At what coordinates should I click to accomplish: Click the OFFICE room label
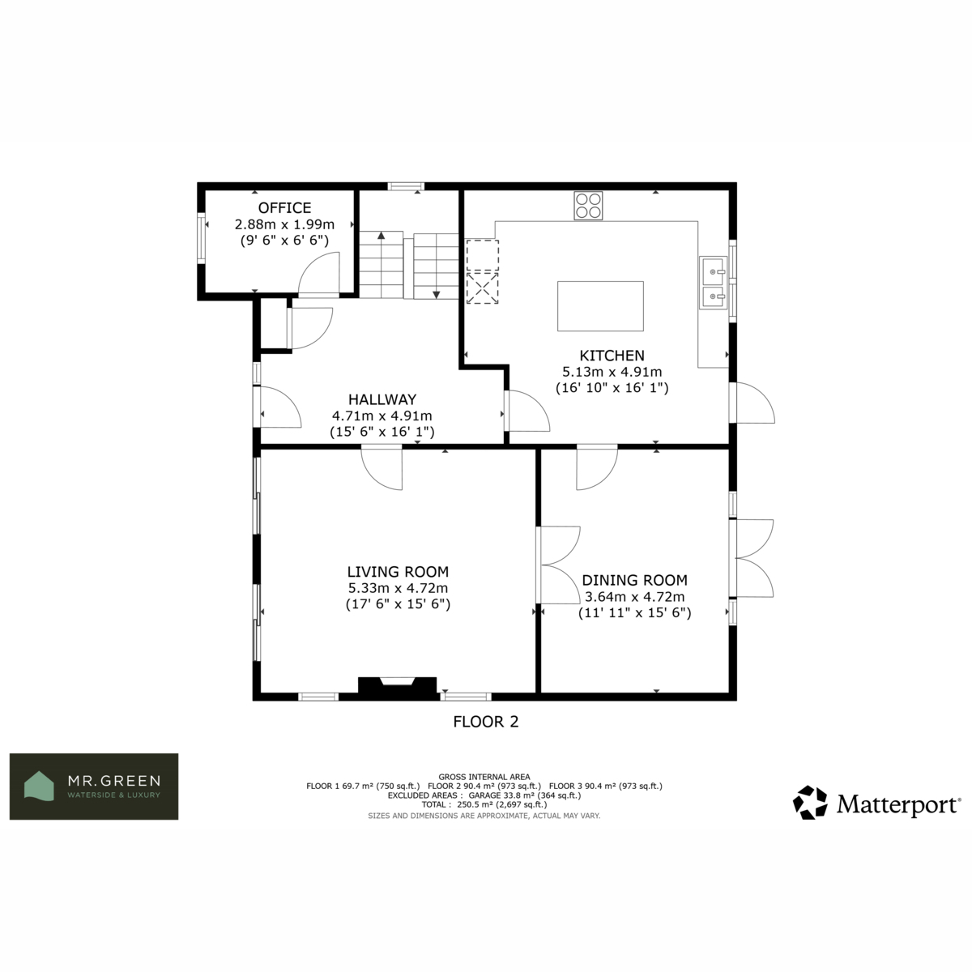click(x=284, y=208)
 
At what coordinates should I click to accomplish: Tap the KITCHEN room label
click(x=612, y=356)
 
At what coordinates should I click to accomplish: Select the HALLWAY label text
click(x=382, y=399)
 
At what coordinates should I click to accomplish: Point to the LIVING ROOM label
click(x=398, y=572)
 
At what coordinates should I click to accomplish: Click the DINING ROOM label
click(x=634, y=580)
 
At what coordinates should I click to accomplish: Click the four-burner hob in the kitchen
click(x=588, y=206)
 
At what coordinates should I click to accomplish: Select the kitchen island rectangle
click(x=600, y=306)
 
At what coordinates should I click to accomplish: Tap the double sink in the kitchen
click(x=714, y=283)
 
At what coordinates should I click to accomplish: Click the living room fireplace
click(x=397, y=688)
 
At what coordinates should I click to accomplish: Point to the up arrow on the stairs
click(x=382, y=235)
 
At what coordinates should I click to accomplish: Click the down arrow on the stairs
click(x=437, y=295)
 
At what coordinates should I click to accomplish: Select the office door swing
click(x=319, y=275)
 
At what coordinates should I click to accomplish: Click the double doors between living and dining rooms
click(x=559, y=565)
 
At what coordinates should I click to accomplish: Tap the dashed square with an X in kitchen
click(x=483, y=288)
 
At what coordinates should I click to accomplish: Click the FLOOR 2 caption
click(x=486, y=722)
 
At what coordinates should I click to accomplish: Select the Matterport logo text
click(x=897, y=804)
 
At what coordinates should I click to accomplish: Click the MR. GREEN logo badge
click(x=94, y=787)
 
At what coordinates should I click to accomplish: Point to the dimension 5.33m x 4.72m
click(x=398, y=588)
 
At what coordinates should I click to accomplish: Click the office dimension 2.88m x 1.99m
click(x=284, y=224)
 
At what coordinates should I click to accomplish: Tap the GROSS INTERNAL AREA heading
click(x=484, y=778)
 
